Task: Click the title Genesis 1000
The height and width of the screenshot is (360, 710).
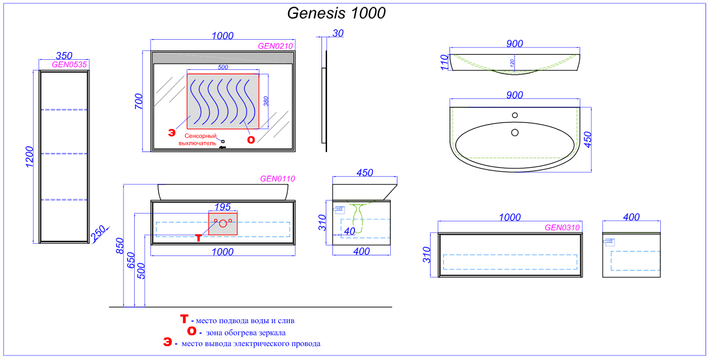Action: [336, 13]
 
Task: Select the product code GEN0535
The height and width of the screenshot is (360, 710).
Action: [69, 64]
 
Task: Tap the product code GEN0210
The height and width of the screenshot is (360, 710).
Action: [275, 46]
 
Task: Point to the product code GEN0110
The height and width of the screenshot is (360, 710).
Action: [277, 179]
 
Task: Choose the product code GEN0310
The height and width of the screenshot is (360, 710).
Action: [562, 228]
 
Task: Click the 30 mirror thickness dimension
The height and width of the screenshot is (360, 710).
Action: [338, 33]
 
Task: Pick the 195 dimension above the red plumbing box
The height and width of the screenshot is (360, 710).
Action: [223, 207]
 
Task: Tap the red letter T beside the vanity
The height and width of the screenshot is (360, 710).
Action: [198, 238]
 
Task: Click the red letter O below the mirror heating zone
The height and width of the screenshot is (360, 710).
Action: [251, 140]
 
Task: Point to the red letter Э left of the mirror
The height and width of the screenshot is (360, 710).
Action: [172, 132]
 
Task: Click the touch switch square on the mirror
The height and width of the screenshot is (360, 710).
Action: [223, 141]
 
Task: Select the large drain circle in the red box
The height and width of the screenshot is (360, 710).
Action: [223, 224]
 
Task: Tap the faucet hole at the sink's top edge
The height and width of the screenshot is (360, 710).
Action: [514, 116]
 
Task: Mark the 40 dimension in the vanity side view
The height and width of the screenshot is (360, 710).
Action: [350, 231]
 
